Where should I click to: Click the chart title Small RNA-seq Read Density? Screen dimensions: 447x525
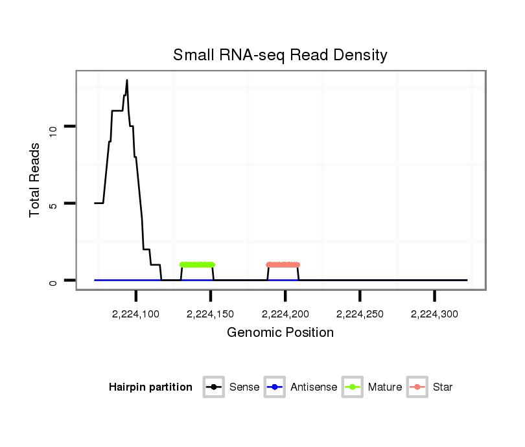tap(280, 56)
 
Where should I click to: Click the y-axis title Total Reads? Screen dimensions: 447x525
tap(36, 180)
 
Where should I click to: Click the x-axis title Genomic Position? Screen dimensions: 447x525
tap(280, 333)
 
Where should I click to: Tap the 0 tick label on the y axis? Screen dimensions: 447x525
tap(54, 281)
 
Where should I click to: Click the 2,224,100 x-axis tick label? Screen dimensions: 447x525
tap(136, 314)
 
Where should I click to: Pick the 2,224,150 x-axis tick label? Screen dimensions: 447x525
tap(211, 314)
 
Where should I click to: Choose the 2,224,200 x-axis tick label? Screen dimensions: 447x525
tap(285, 314)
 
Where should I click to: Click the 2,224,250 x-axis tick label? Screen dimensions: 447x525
tap(360, 314)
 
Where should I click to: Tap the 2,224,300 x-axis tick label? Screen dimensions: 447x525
tap(434, 314)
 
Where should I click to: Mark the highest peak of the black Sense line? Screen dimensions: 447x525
tap(127, 80)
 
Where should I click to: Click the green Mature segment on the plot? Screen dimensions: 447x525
tap(197, 264)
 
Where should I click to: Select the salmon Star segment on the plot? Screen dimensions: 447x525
tap(283, 264)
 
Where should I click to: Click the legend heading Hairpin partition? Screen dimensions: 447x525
tap(150, 387)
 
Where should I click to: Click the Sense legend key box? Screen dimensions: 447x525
tap(213, 387)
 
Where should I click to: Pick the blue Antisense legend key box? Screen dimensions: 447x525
tap(275, 387)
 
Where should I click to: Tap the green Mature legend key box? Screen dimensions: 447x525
tap(352, 387)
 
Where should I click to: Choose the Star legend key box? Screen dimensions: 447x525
tap(417, 387)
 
